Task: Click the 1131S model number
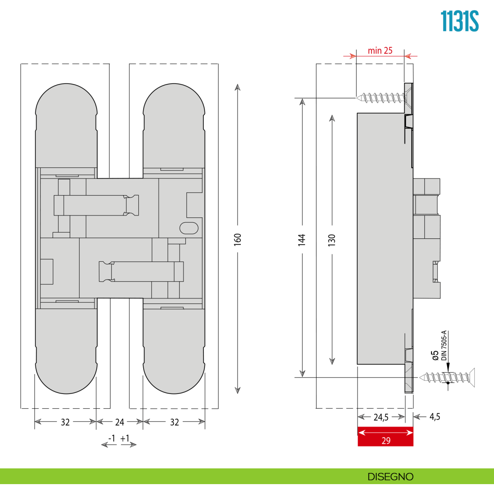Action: pyautogui.click(x=459, y=21)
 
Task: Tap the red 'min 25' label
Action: pyautogui.click(x=380, y=51)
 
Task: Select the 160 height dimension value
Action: pyautogui.click(x=238, y=239)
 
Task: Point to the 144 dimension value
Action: pyautogui.click(x=302, y=240)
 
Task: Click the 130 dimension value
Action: pyautogui.click(x=332, y=240)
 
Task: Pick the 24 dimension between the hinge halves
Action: pyautogui.click(x=119, y=422)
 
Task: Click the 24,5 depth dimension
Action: pyautogui.click(x=381, y=417)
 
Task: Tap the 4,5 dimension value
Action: pyautogui.click(x=435, y=417)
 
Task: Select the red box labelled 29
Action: pyautogui.click(x=385, y=436)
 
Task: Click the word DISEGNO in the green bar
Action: pyautogui.click(x=390, y=477)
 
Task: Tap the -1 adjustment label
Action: pyautogui.click(x=112, y=438)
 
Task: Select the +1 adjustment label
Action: pyautogui.click(x=125, y=438)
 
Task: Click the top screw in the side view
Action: pyautogui.click(x=381, y=98)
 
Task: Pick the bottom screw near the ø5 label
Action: pyautogui.click(x=447, y=377)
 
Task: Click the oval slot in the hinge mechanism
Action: pyautogui.click(x=189, y=228)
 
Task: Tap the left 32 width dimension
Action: pyautogui.click(x=65, y=422)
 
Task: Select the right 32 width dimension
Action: pyautogui.click(x=174, y=422)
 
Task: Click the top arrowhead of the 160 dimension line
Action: pyautogui.click(x=238, y=87)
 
